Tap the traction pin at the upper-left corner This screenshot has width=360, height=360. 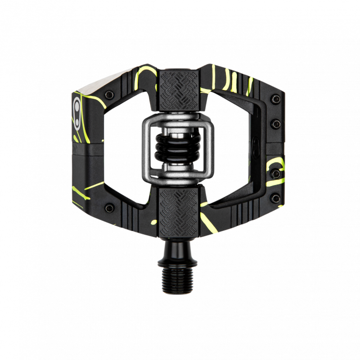pyautogui.click(x=109, y=94)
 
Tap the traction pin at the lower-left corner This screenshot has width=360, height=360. pyautogui.click(x=109, y=207)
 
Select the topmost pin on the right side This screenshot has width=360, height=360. pyautogui.click(x=275, y=98)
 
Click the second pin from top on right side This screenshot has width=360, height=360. pyautogui.click(x=276, y=123)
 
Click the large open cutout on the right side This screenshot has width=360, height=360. pyautogui.click(x=234, y=148)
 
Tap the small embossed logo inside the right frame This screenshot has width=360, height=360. pyautogui.click(x=255, y=147)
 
